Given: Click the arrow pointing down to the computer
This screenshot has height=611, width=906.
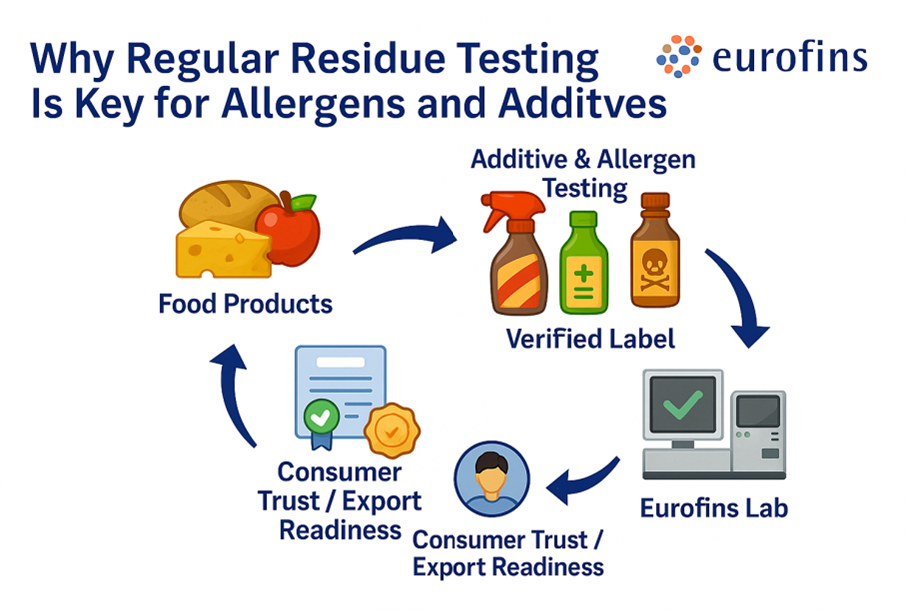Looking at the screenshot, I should (x=740, y=299).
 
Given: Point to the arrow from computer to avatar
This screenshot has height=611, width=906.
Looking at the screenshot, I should (x=584, y=480).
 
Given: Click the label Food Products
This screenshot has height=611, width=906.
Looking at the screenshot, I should (x=245, y=303).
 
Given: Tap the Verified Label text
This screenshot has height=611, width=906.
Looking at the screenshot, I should (x=590, y=338).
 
